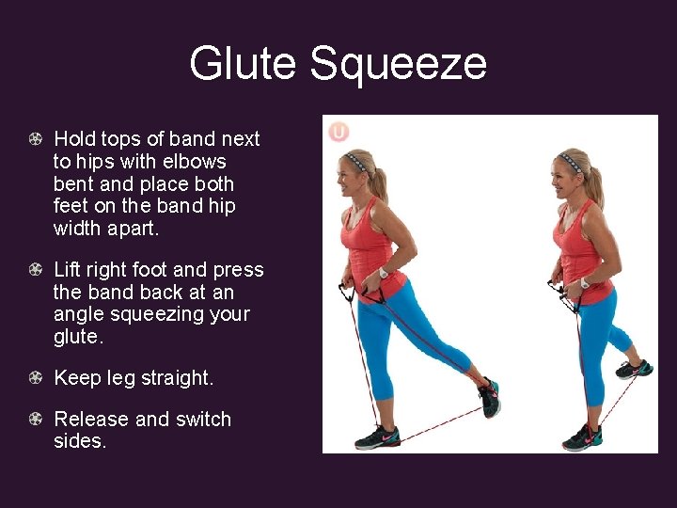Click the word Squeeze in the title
(398, 64)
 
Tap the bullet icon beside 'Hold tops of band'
(35, 139)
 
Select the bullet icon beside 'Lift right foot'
(35, 270)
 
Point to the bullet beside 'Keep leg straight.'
(35, 378)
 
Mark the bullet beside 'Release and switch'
(35, 420)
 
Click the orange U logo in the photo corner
(338, 132)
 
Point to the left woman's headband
(356, 159)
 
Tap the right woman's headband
(571, 159)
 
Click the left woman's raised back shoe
(490, 396)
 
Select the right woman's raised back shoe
(634, 369)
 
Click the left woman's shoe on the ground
(377, 437)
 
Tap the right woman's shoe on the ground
(582, 437)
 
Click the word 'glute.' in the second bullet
(77, 336)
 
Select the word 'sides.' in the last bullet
(80, 440)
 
